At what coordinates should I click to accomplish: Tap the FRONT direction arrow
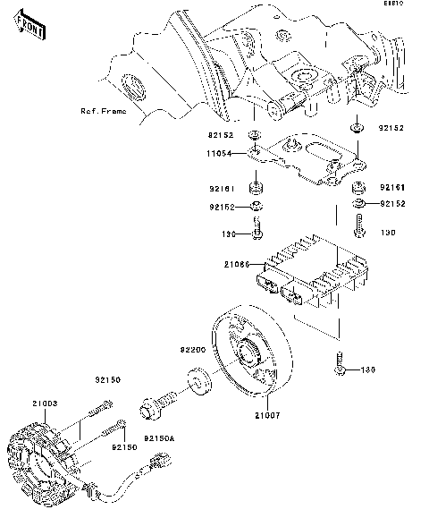point(31,30)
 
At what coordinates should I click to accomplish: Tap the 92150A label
point(161,438)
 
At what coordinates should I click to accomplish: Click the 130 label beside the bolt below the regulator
point(366,369)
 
